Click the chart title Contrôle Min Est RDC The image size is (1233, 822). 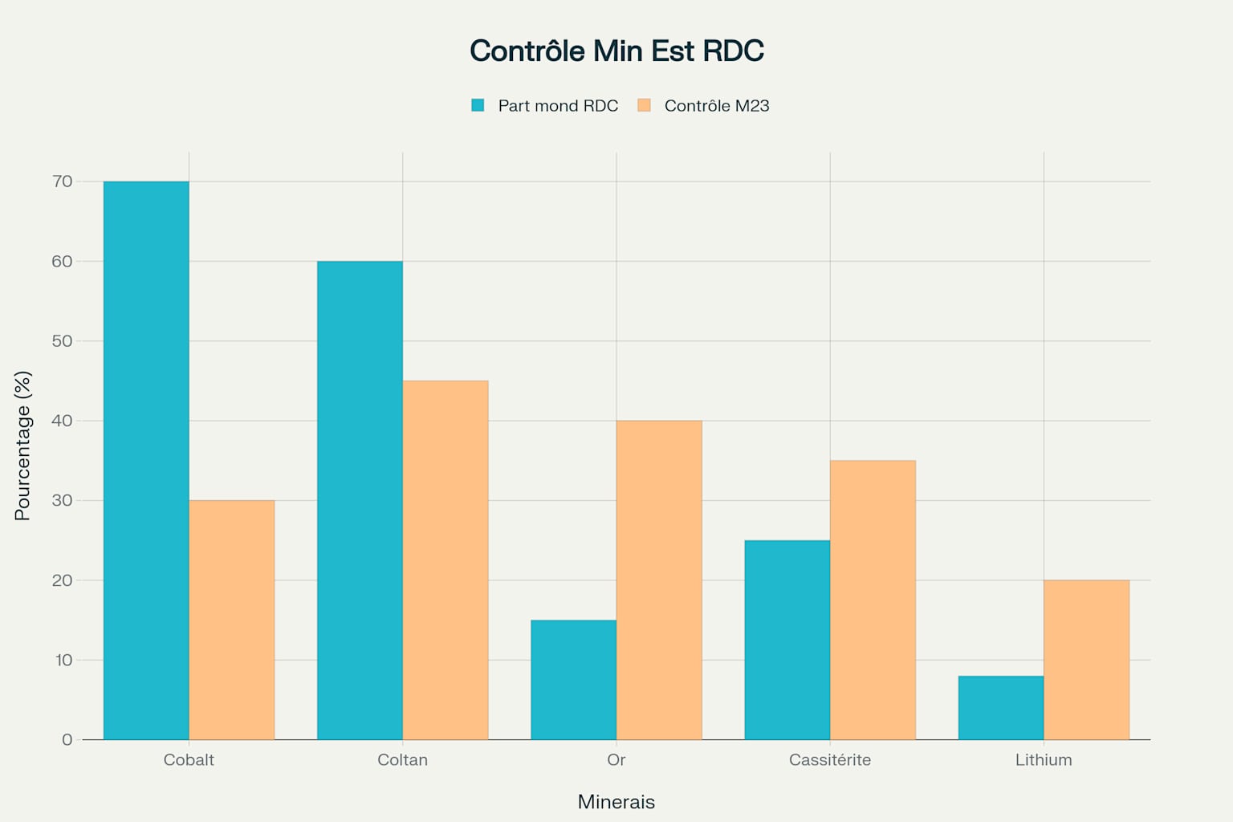click(616, 51)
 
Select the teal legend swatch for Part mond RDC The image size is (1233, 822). click(478, 105)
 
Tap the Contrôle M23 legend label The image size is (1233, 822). click(716, 106)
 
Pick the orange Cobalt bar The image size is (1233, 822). click(232, 620)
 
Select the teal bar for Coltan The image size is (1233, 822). click(360, 500)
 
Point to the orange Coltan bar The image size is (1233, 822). click(446, 560)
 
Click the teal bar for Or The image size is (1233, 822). click(573, 680)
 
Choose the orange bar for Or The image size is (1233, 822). click(659, 580)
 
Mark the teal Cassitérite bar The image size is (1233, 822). click(787, 640)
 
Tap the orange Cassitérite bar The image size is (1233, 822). click(873, 600)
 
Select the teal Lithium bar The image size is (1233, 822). click(1001, 707)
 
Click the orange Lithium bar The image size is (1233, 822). click(1086, 660)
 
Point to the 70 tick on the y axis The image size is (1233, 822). click(62, 181)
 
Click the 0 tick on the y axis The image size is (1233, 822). click(67, 739)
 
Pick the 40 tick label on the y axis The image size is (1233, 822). click(62, 421)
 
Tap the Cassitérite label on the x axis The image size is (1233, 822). click(830, 759)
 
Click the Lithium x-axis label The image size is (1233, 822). click(1044, 759)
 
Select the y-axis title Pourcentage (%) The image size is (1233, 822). click(22, 446)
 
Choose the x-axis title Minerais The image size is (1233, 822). click(616, 802)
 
